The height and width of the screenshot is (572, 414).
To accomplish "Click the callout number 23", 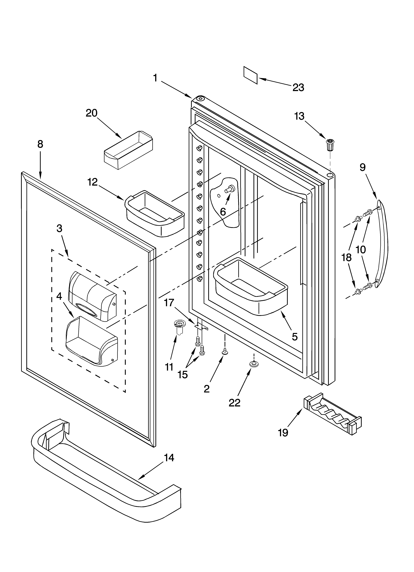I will pos(298,87).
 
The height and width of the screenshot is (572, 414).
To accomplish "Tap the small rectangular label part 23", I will pos(250,75).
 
